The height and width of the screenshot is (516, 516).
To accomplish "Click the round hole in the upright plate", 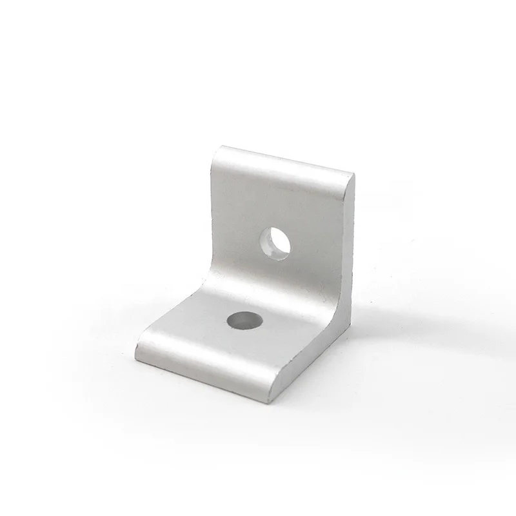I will [x=276, y=242].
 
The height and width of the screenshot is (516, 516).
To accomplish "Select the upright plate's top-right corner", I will [x=352, y=173].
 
